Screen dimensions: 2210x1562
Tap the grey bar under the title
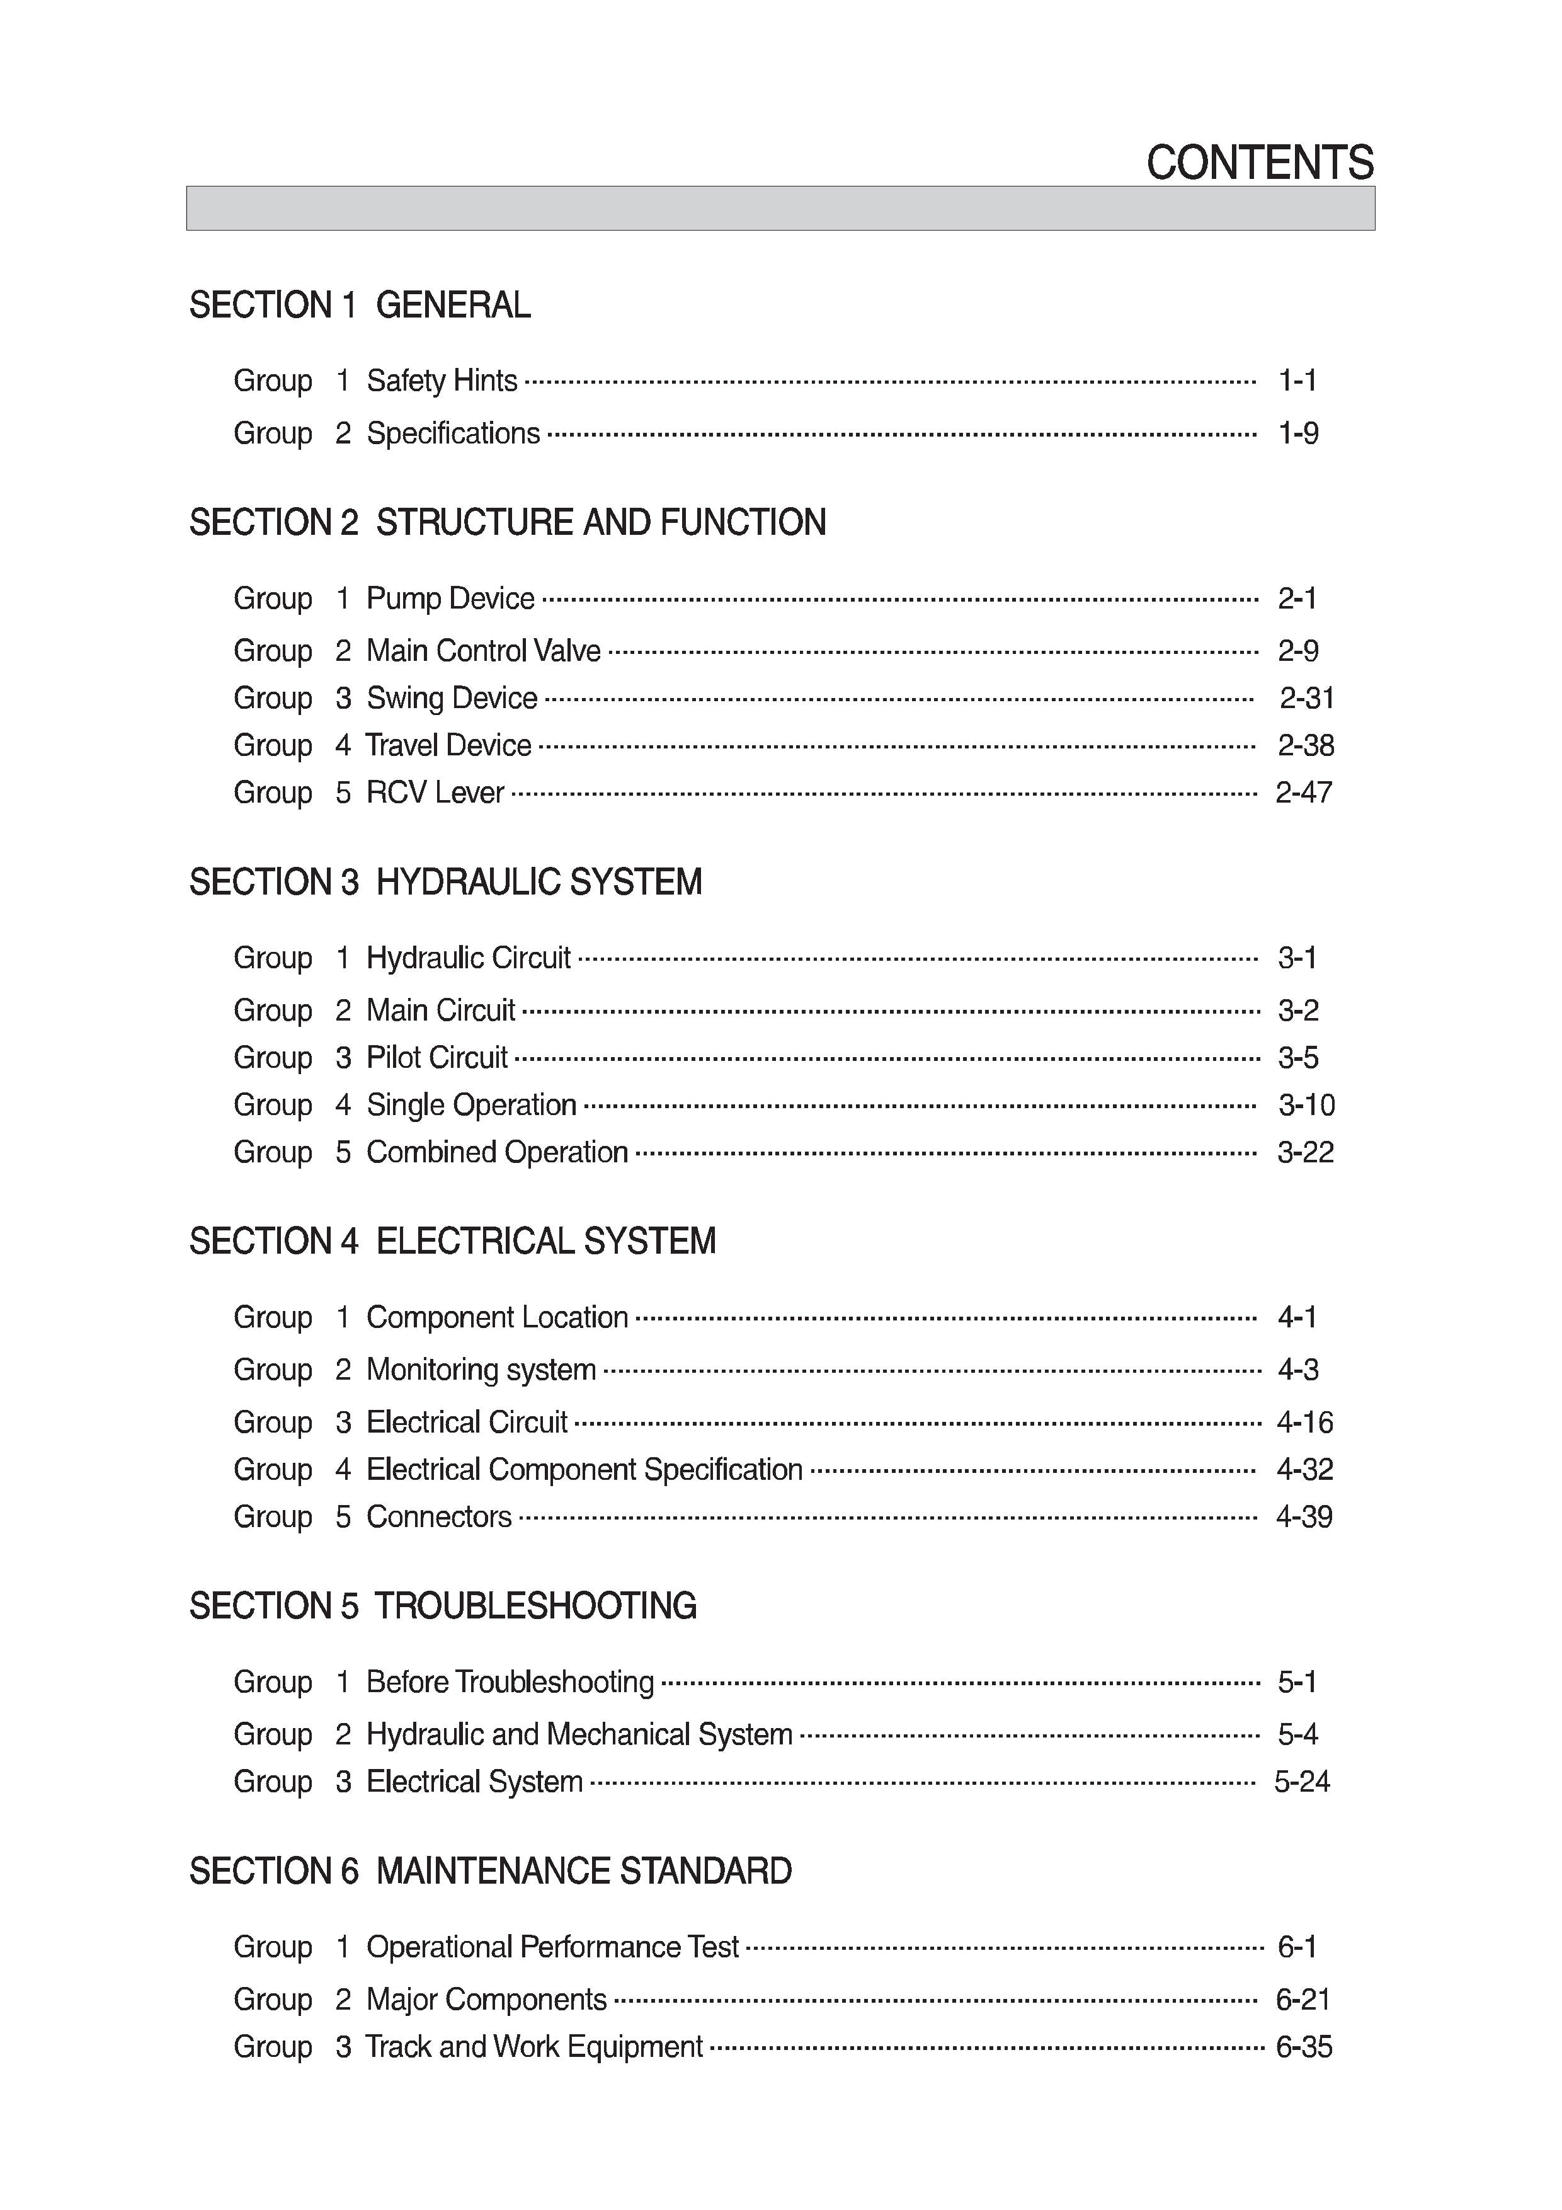coord(780,208)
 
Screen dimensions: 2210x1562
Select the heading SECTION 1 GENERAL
coord(359,305)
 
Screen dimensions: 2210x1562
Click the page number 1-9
coord(1297,433)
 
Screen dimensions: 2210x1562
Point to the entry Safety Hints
coord(442,381)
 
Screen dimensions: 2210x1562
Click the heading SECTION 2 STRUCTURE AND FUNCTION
coord(507,523)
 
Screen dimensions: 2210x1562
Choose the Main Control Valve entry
coord(483,651)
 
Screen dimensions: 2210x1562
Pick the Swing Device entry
coord(452,698)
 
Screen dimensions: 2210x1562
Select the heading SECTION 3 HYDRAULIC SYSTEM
coord(445,882)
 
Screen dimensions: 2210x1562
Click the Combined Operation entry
coord(496,1152)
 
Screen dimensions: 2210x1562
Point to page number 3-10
coord(1306,1105)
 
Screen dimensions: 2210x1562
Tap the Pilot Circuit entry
coord(437,1058)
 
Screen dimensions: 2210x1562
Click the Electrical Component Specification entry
coord(584,1470)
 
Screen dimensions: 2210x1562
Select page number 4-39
coord(1303,1517)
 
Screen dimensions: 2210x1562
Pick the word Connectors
coord(439,1517)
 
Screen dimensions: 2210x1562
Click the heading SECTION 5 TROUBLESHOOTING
coord(443,1605)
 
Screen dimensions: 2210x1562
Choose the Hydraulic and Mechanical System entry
coord(579,1734)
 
